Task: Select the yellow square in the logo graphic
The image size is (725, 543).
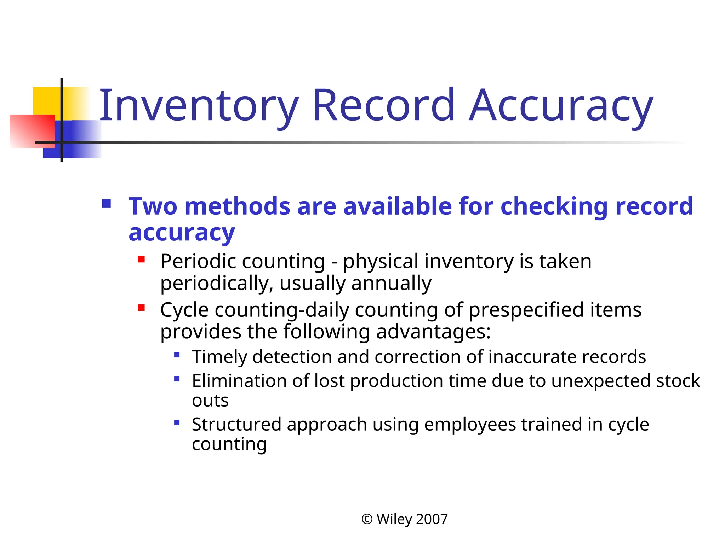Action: (46, 101)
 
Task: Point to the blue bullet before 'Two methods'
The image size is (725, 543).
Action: (106, 204)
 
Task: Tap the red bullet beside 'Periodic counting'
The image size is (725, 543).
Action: (142, 260)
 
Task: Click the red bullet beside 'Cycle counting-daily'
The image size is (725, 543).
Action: (142, 308)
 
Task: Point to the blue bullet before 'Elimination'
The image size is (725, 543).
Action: (177, 379)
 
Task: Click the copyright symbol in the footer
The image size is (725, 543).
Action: (367, 519)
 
